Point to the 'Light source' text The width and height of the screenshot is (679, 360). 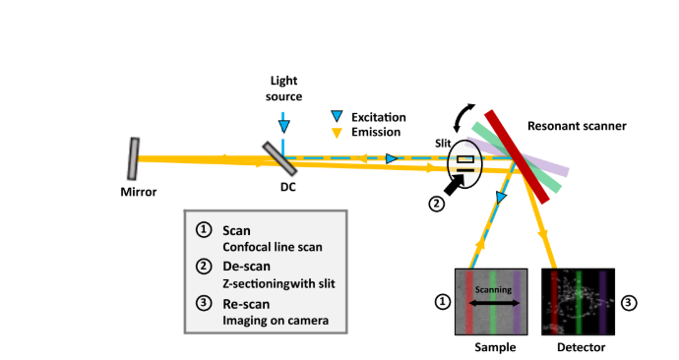(x=282, y=89)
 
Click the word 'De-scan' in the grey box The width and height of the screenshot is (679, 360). (x=244, y=267)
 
